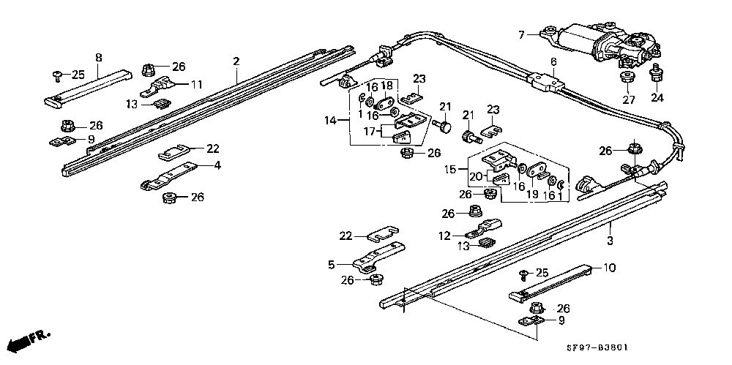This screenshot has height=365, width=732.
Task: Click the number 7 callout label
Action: (x=521, y=34)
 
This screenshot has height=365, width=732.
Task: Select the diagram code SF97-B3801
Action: (x=597, y=347)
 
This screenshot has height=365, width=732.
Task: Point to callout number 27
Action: (x=628, y=99)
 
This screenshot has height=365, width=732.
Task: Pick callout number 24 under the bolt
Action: (x=657, y=98)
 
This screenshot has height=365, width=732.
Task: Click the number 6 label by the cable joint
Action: (x=553, y=61)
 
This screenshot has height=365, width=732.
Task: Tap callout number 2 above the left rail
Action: (x=236, y=61)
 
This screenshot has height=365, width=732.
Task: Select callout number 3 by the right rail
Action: (x=610, y=241)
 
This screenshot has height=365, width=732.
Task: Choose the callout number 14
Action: (x=331, y=121)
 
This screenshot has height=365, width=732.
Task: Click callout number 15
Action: (x=450, y=170)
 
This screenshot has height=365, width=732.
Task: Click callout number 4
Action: (x=217, y=165)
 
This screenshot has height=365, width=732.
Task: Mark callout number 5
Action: (x=332, y=265)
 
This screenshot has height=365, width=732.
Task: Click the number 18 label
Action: (x=387, y=85)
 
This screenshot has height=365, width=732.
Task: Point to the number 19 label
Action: (x=532, y=193)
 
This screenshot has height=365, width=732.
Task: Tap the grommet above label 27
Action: (x=628, y=76)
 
